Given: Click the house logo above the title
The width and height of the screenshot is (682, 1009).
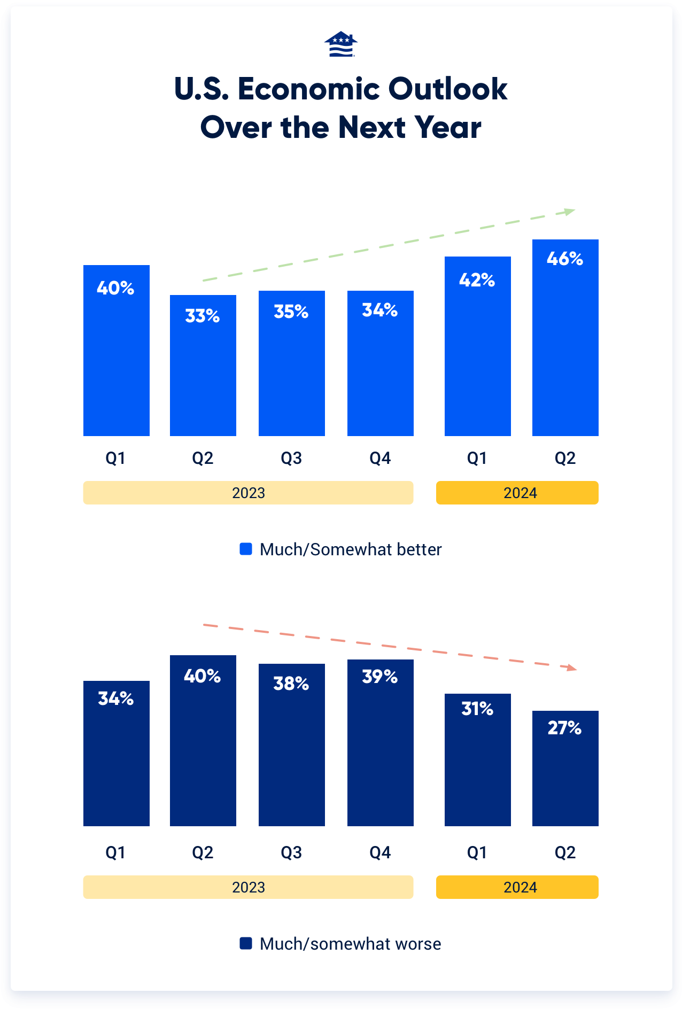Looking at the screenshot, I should pos(340,44).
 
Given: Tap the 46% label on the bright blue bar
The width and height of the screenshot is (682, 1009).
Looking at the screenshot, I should pos(565,259).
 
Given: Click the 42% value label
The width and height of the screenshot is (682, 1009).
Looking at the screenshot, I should pos(477,280).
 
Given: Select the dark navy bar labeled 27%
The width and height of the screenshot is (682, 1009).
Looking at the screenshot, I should pos(565,775).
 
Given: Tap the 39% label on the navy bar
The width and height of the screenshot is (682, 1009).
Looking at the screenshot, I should pos(380,677).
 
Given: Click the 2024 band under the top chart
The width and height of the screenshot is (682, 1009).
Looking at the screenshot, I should pos(517,493).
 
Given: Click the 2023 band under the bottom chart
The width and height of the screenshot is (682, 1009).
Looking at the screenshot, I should pos(248,887).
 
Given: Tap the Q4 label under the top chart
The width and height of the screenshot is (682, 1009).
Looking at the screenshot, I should pos(380,458).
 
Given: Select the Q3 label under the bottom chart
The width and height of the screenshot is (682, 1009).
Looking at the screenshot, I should pos(291,852).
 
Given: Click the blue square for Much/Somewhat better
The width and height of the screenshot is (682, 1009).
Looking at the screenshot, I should pos(246,549).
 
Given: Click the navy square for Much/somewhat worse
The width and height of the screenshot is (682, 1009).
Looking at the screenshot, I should pos(246,943).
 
